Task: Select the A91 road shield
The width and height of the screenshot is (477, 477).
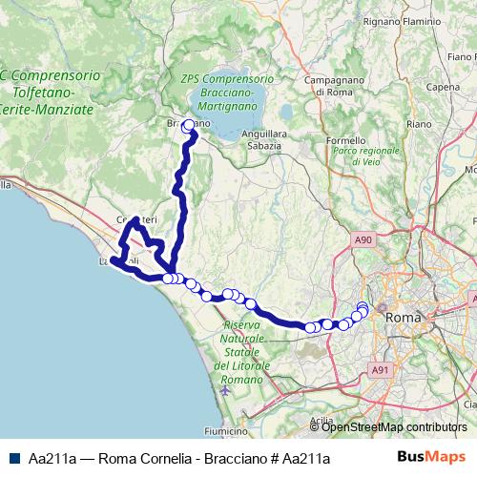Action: point(381,370)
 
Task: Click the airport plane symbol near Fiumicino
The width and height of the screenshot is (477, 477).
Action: point(224,389)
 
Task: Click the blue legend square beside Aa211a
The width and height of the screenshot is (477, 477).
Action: point(13,457)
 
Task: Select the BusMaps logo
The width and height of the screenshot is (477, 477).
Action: point(431,457)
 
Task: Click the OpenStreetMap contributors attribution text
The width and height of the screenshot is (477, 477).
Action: point(394,426)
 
